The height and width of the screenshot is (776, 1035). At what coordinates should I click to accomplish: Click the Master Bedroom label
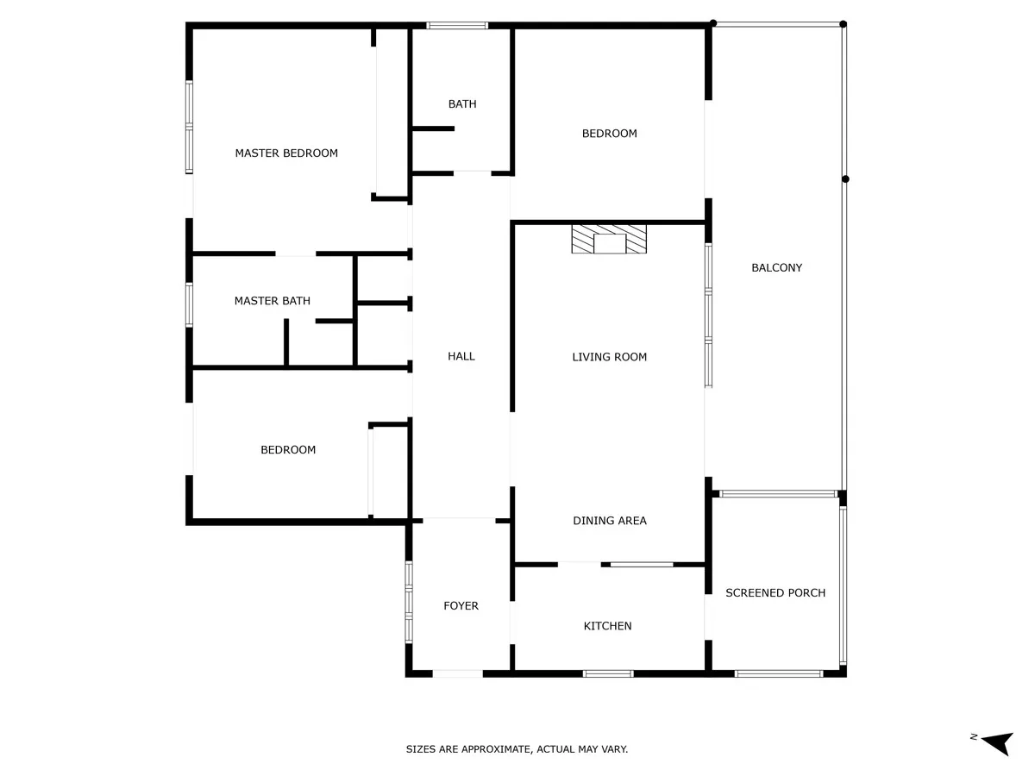click(286, 153)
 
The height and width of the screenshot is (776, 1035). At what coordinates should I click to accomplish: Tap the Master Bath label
click(272, 301)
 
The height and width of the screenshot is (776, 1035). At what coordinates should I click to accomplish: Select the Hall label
click(461, 356)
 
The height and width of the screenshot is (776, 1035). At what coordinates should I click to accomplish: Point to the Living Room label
click(609, 357)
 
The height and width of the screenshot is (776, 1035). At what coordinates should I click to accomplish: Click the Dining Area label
click(609, 521)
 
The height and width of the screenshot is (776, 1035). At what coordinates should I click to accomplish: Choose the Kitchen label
click(607, 626)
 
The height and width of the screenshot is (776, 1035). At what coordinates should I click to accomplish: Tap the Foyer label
click(461, 606)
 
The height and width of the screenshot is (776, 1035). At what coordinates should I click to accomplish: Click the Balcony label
click(776, 267)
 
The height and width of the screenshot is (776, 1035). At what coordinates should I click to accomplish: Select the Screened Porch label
click(775, 592)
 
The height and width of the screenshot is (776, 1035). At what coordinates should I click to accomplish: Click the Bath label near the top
click(462, 103)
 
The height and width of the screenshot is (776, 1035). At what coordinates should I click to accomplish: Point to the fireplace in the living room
click(609, 240)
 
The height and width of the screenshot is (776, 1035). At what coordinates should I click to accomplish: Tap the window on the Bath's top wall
click(457, 26)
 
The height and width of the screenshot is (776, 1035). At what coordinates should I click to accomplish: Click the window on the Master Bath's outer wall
click(189, 304)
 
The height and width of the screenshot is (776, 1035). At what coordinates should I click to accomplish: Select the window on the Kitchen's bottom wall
click(608, 673)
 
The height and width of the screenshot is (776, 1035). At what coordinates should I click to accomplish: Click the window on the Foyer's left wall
click(409, 602)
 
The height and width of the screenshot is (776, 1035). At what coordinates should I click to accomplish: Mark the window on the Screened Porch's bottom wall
click(779, 673)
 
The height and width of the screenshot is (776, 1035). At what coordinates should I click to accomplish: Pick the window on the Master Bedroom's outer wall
click(189, 128)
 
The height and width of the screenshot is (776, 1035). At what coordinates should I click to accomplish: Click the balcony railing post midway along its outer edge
click(845, 179)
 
